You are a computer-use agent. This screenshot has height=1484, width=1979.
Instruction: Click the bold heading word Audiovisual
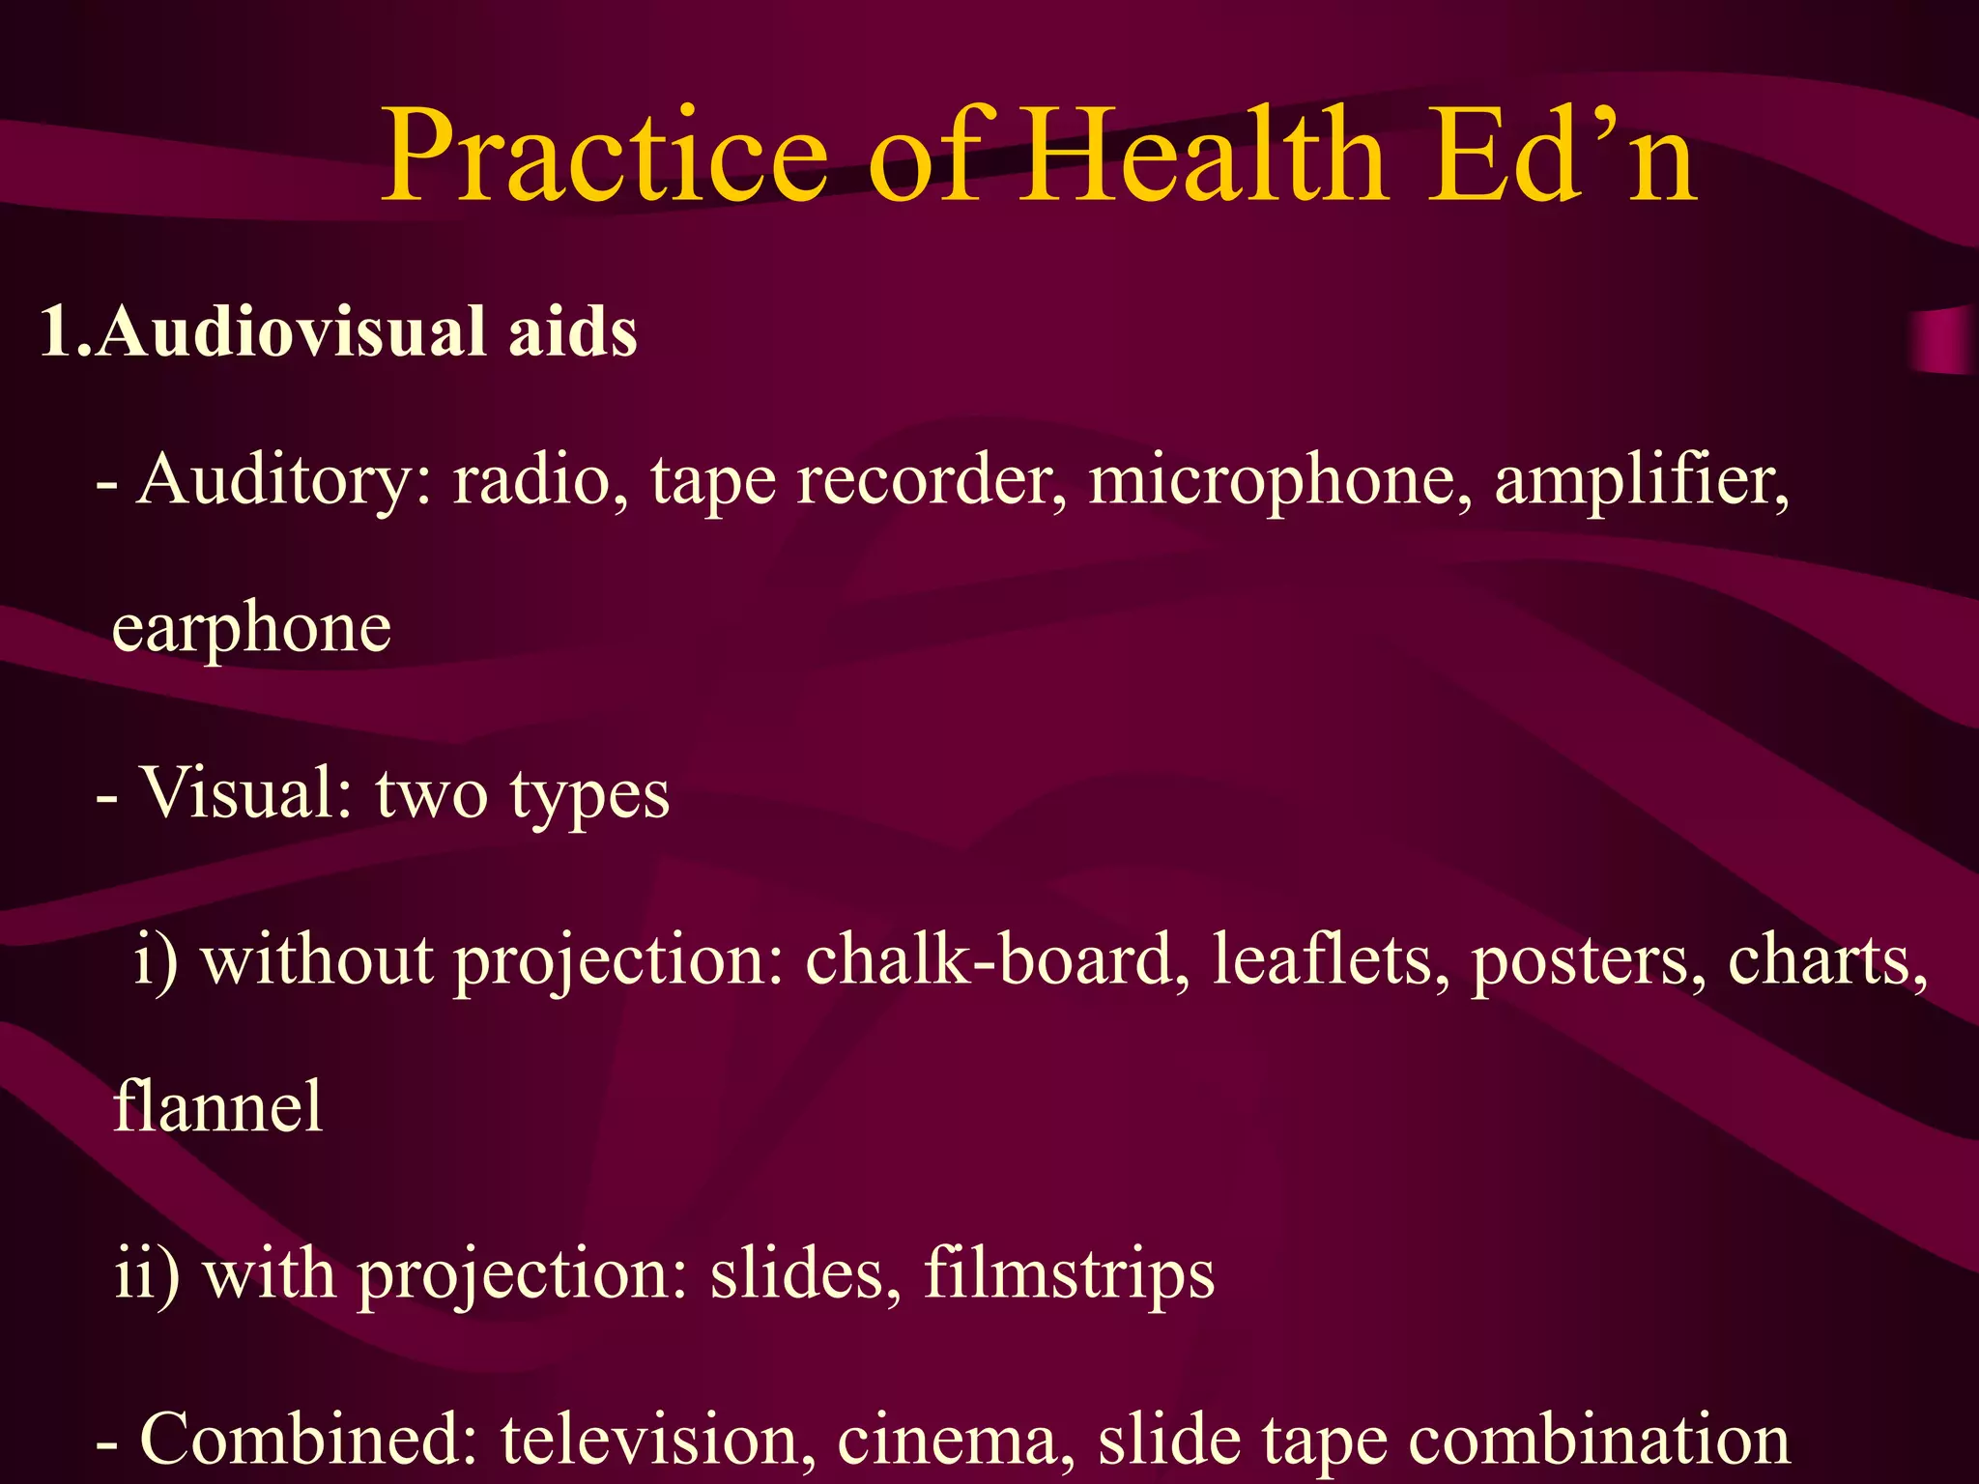(x=291, y=331)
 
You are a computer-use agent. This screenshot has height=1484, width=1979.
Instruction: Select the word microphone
(x=1280, y=480)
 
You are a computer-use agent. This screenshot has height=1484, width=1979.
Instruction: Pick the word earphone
(x=251, y=629)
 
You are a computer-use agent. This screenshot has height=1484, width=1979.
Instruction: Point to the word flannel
(x=218, y=1106)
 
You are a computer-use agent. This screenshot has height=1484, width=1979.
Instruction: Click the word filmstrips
(x=1069, y=1274)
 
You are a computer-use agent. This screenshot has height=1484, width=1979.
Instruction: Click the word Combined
(x=309, y=1439)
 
